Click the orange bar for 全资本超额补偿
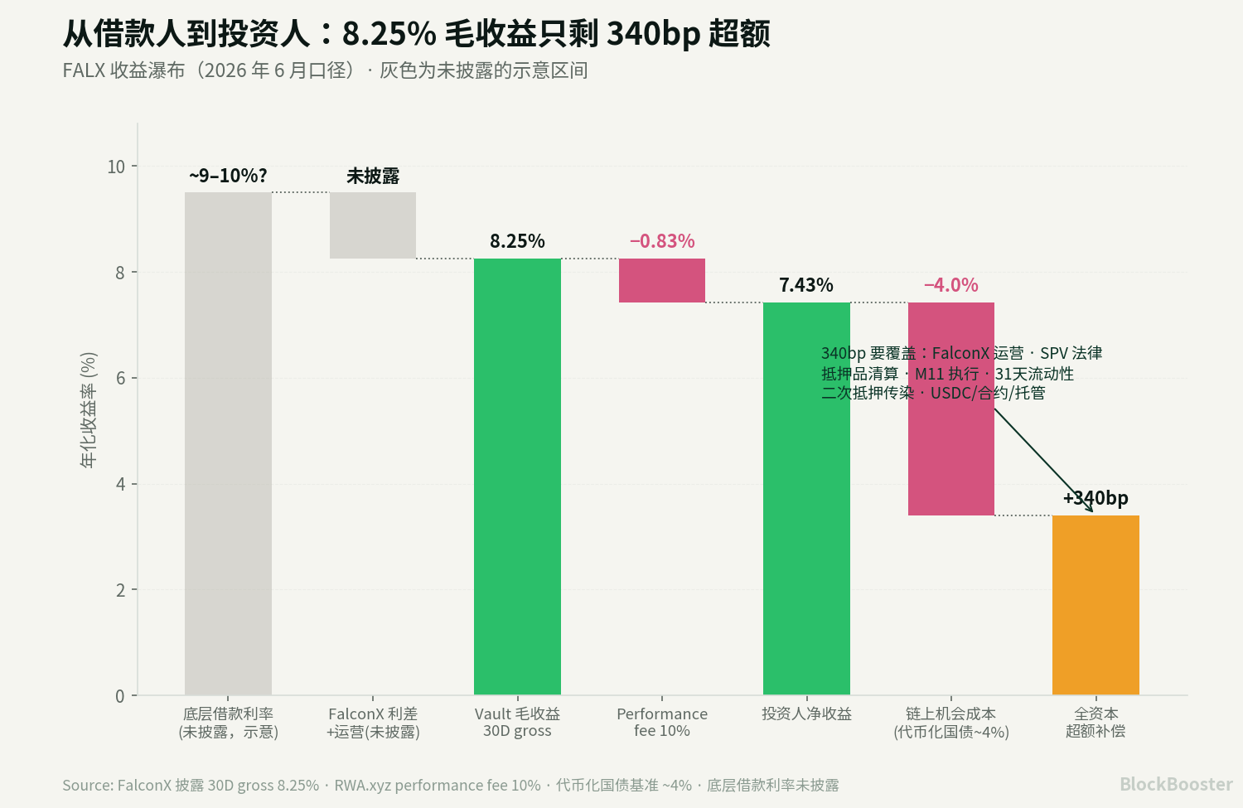pos(1095,605)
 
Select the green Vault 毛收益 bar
pos(517,477)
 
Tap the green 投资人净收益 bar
pos(806,498)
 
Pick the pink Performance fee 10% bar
pos(662,280)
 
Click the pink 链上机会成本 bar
pos(951,409)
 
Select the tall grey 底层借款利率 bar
pos(228,443)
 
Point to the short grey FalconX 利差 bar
pos(373,225)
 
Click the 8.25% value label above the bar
pos(517,241)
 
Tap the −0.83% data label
pos(662,241)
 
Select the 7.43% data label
pos(806,285)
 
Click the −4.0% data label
pos(951,285)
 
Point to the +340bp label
pos(1095,498)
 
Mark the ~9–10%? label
pos(228,176)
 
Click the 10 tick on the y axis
pos(116,167)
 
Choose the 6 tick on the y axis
pos(120,379)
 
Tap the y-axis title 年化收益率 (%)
pos(89,410)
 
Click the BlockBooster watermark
pos(1176,784)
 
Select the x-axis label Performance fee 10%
pos(662,722)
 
